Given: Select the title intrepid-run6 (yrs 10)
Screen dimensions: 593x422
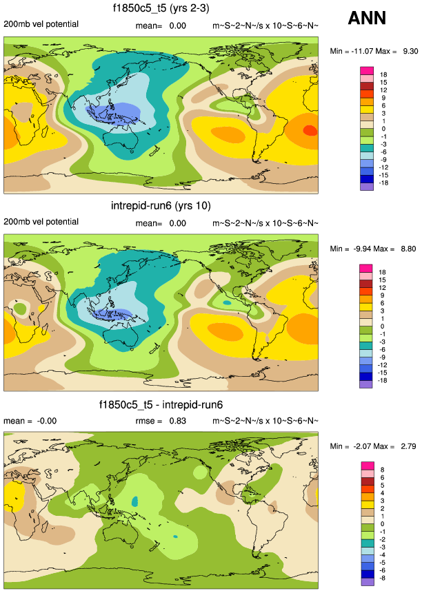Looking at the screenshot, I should click(x=161, y=206).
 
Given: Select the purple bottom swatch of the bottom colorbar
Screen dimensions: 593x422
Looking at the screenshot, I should click(x=367, y=582).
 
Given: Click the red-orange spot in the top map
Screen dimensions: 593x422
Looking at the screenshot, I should click(x=310, y=129).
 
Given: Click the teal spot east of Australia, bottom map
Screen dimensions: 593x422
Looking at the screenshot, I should click(x=176, y=536).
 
